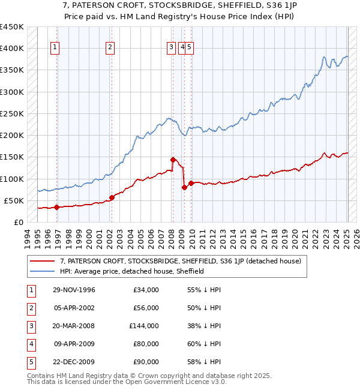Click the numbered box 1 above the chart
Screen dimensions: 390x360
click(55, 49)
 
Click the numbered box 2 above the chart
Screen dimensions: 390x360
click(110, 49)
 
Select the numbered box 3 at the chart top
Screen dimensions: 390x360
click(172, 49)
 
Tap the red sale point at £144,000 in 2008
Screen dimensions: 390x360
click(173, 160)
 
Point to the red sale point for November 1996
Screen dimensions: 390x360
click(57, 208)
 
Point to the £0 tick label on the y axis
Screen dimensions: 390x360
click(18, 222)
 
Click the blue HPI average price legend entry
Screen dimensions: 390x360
click(132, 271)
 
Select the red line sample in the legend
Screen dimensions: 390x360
click(43, 261)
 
